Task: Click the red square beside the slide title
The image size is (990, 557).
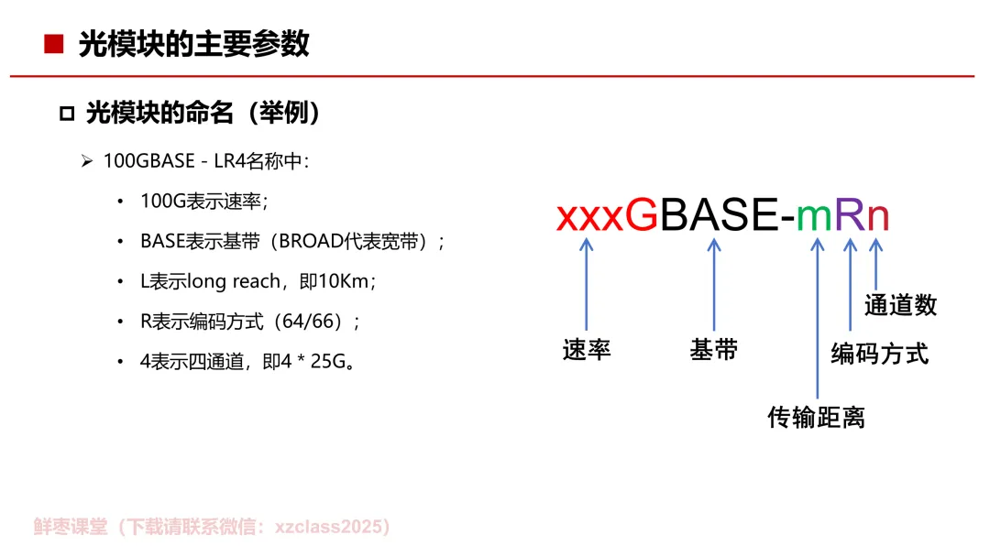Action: pos(54,44)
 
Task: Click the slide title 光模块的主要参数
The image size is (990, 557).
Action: pos(194,44)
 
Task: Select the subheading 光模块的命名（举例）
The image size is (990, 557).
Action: pos(203,114)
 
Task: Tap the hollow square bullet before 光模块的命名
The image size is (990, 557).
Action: pos(66,115)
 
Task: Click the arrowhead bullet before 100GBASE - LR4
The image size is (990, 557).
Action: pos(87,162)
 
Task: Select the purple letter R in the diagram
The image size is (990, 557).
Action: pos(850,216)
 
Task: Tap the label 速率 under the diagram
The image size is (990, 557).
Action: pos(587,350)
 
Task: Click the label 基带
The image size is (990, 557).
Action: pos(714,350)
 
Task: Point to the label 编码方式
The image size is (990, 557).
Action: pos(879,354)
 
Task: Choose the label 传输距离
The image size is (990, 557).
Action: pos(816,418)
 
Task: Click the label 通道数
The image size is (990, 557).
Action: pos(900,306)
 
